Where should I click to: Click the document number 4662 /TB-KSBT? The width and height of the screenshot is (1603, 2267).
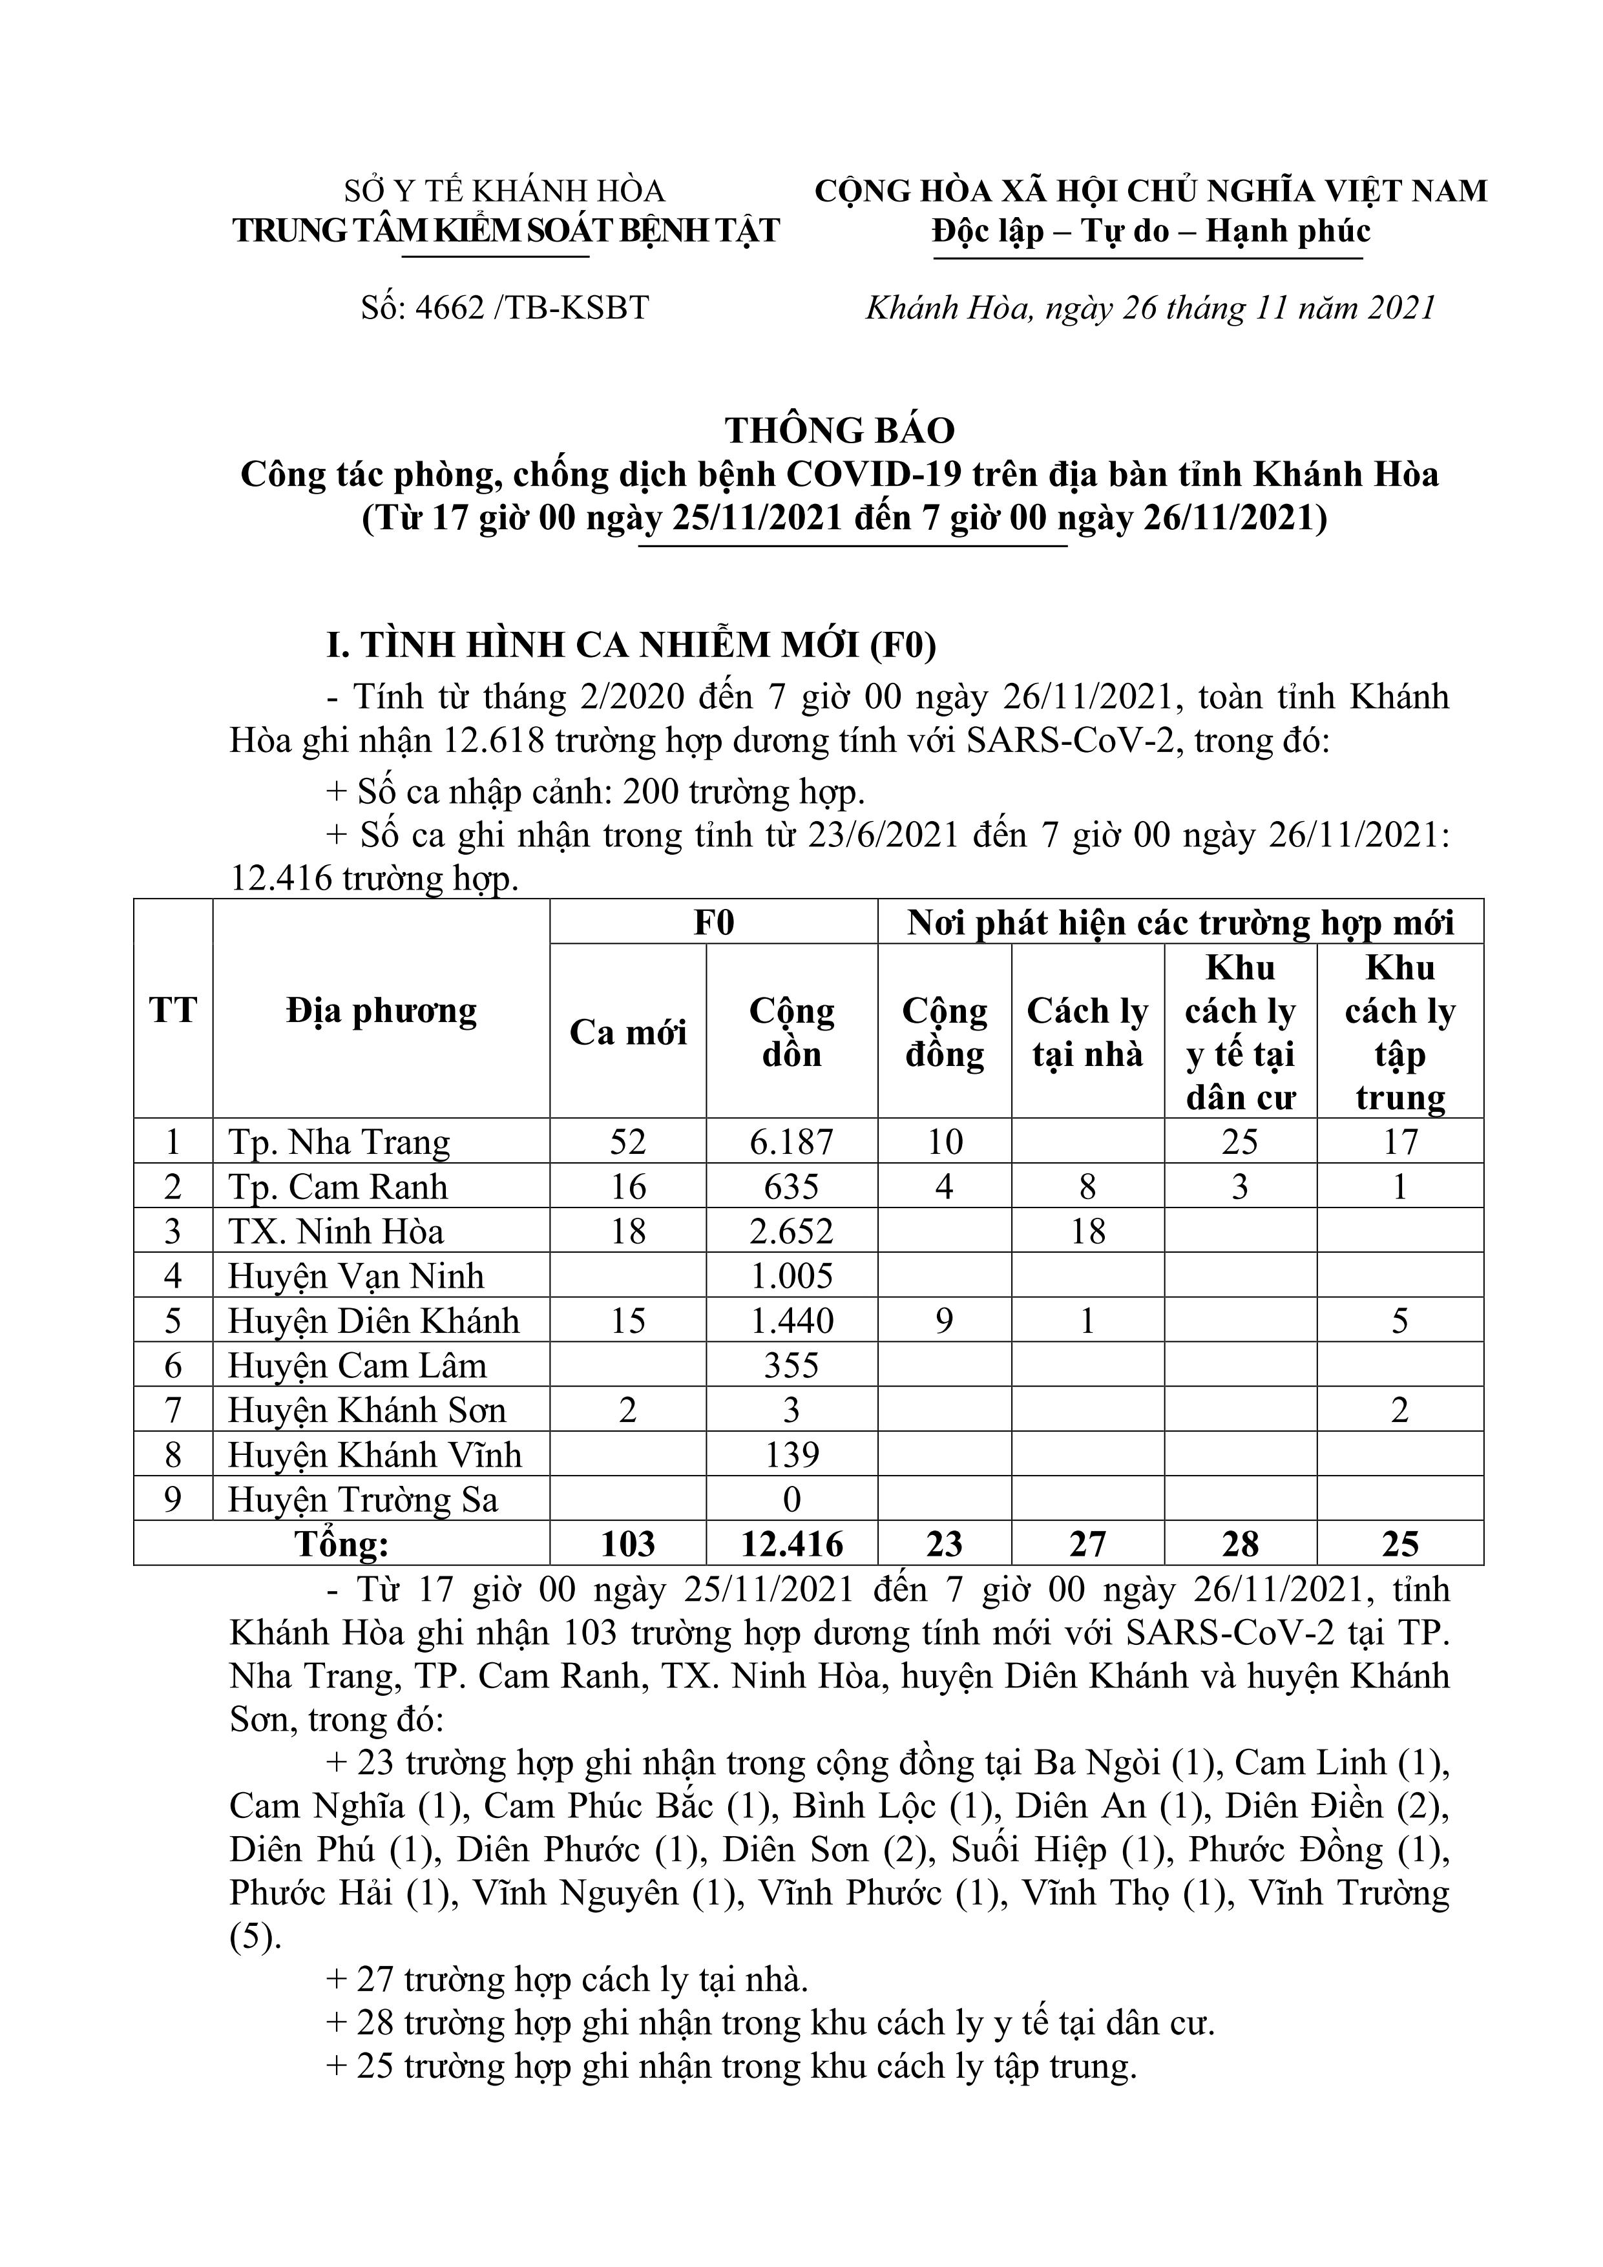point(504,308)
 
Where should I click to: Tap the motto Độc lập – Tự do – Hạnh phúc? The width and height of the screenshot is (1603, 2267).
point(1151,231)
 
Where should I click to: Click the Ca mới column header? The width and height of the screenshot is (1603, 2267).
point(627,1033)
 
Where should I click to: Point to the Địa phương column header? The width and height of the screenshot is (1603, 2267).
point(381,1011)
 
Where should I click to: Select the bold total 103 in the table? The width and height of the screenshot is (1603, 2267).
point(627,1544)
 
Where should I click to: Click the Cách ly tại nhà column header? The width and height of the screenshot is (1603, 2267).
point(1087,1033)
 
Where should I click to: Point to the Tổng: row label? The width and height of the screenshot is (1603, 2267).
point(342,1544)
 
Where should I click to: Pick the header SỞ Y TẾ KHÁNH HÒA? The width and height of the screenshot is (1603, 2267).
point(504,191)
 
